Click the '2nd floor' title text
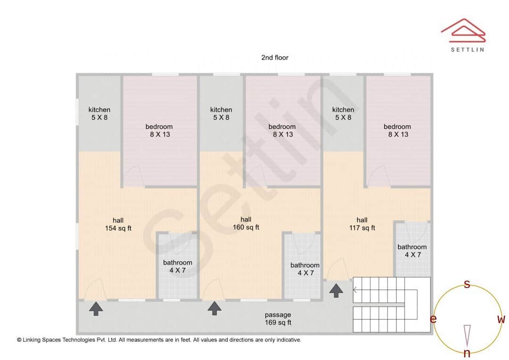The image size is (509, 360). click(275, 57)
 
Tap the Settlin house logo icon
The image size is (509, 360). click(463, 29)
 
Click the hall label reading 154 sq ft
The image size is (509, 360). click(118, 224)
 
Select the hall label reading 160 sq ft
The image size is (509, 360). click(246, 223)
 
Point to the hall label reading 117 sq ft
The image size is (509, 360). click(362, 224)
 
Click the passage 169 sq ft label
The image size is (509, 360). click(278, 319)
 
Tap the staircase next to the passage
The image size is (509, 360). click(392, 305)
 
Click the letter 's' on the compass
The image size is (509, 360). click(467, 284)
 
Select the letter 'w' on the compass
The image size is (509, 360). click(501, 319)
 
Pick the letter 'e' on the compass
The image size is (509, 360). click(433, 319)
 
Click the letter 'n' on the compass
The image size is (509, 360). click(467, 353)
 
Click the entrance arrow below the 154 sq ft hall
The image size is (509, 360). click(96, 309)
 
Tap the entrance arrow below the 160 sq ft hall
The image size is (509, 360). click(215, 308)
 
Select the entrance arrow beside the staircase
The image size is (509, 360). click(336, 290)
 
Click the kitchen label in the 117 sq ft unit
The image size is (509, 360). click(343, 114)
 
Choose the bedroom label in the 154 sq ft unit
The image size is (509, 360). click(159, 130)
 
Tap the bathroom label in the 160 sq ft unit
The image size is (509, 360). click(305, 269)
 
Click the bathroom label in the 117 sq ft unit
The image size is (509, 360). click(412, 251)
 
